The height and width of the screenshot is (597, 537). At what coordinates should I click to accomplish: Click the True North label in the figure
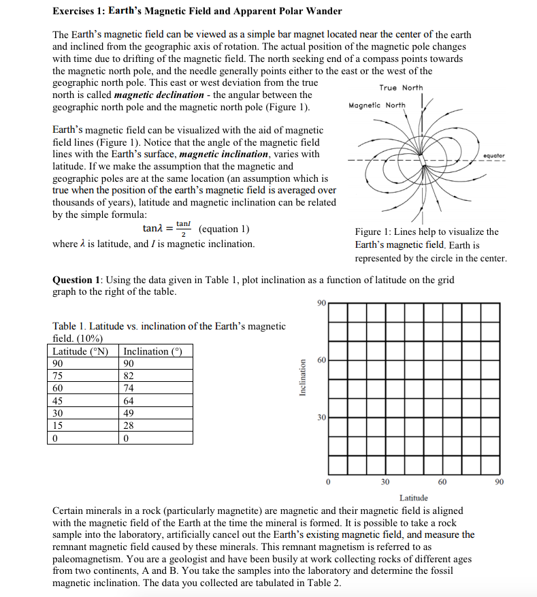pyautogui.click(x=401, y=88)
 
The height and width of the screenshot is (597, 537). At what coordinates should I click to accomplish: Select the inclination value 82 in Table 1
pyautogui.click(x=128, y=376)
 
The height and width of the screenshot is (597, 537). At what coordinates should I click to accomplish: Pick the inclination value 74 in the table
pyautogui.click(x=128, y=388)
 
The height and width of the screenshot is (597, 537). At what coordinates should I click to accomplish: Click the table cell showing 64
pyautogui.click(x=128, y=401)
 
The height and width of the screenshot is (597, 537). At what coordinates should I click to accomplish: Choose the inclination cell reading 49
pyautogui.click(x=128, y=413)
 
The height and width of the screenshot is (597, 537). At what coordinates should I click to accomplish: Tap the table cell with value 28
pyautogui.click(x=128, y=425)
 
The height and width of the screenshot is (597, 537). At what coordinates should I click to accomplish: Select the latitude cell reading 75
pyautogui.click(x=58, y=376)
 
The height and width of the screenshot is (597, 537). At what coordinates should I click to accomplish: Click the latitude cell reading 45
pyautogui.click(x=58, y=401)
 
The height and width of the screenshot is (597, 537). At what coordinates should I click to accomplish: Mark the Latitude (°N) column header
pyautogui.click(x=81, y=351)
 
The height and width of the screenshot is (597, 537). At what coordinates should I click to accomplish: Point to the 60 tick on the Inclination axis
pyautogui.click(x=321, y=359)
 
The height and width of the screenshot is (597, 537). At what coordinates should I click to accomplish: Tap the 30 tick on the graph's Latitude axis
pyautogui.click(x=385, y=482)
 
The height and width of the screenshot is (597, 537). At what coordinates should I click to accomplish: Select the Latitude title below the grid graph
pyautogui.click(x=414, y=498)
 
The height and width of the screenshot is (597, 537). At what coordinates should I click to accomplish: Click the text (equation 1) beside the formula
pyautogui.click(x=225, y=229)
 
